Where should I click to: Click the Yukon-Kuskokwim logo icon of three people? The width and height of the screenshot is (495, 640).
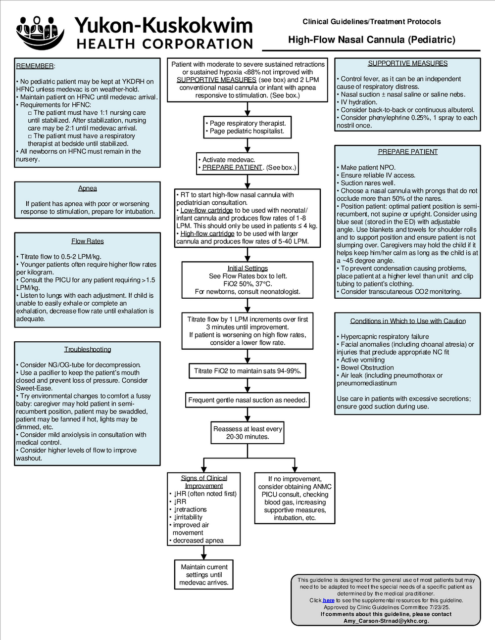coord(40,33)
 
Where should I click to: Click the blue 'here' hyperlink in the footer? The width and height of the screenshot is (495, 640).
coord(329,600)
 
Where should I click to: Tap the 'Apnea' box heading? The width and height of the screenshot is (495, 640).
coord(88,188)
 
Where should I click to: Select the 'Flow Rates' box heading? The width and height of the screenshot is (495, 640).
coord(88,241)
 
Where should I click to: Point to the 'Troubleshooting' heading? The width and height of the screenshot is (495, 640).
coord(88,349)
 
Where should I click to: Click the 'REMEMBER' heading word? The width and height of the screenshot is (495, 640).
coord(35,66)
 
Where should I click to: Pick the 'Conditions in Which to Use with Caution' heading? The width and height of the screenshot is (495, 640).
coord(408,321)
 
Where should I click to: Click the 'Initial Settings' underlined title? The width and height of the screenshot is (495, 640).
coord(247,268)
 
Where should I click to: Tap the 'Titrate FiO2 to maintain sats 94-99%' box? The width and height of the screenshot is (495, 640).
coord(247,371)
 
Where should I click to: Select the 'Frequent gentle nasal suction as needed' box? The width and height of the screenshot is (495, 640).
coord(247,400)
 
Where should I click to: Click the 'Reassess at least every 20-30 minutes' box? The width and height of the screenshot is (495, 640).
coord(247,433)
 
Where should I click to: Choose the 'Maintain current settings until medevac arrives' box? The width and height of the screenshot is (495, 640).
coord(204,575)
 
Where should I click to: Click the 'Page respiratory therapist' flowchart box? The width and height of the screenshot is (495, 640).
coord(247,127)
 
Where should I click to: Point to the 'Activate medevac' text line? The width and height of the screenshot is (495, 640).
coord(227,160)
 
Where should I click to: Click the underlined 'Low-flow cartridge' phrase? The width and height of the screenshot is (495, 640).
coord(206,210)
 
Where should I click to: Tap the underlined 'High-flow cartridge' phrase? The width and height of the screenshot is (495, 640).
coord(207,233)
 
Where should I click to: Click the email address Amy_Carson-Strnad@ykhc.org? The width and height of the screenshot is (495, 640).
coord(386,621)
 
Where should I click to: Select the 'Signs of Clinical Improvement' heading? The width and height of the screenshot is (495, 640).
coord(204,482)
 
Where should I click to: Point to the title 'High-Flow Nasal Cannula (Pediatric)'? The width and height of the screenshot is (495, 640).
coord(372,40)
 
